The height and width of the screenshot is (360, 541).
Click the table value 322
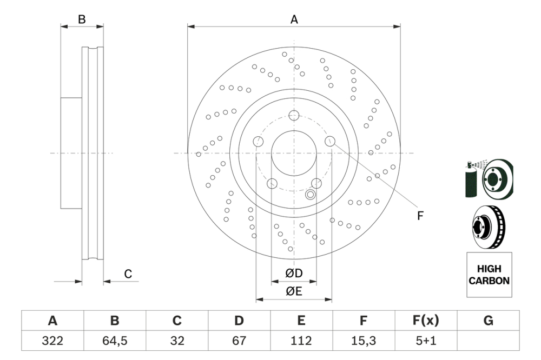tap(52, 341)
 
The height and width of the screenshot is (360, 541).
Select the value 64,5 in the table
tap(115, 341)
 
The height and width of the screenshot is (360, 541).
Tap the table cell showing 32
tap(177, 341)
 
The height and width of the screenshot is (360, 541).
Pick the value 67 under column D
tap(239, 341)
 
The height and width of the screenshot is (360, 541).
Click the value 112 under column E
tap(301, 341)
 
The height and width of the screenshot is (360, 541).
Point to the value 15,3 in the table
tap(364, 341)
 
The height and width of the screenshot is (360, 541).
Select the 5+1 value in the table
tap(426, 341)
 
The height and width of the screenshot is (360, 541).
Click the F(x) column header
tap(426, 321)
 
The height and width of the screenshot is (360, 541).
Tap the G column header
tap(488, 321)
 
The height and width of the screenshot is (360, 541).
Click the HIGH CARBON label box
tap(489, 275)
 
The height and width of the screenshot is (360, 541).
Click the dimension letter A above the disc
tap(294, 19)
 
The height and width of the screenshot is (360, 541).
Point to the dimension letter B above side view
tap(82, 19)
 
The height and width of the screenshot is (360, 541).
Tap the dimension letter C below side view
tap(128, 274)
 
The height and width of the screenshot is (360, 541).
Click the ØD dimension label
tap(294, 274)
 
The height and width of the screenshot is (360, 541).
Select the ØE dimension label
tap(294, 291)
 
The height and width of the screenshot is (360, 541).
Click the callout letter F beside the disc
tap(420, 216)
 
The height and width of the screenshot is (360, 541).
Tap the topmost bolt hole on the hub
tap(294, 115)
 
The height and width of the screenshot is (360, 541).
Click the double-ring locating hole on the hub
tap(311, 195)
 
